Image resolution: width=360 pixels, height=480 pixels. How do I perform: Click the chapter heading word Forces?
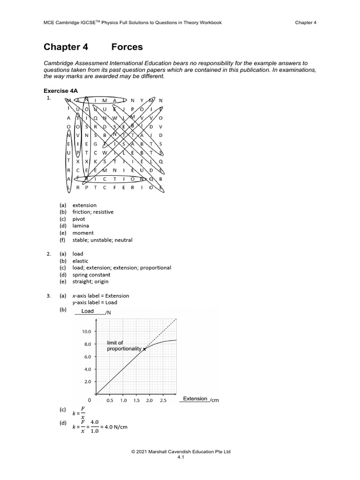click(127, 47)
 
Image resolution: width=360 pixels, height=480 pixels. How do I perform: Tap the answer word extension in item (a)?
click(84, 205)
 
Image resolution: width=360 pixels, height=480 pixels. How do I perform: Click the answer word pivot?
click(79, 219)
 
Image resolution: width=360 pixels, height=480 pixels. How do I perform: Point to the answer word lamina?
click(81, 226)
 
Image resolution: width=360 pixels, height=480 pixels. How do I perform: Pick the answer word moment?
click(83, 233)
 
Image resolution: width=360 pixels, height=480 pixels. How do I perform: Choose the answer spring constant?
click(91, 275)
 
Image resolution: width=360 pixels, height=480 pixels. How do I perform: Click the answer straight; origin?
click(90, 282)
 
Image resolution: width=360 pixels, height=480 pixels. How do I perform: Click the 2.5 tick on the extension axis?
click(163, 401)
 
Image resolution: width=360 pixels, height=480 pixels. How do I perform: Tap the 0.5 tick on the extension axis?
click(110, 401)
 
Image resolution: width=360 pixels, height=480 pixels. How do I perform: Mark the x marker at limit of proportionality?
click(144, 349)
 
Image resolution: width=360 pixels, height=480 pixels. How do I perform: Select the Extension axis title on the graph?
click(195, 399)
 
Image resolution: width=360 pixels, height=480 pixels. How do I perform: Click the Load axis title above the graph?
click(88, 311)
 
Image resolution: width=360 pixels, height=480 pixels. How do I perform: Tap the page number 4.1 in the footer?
click(180, 458)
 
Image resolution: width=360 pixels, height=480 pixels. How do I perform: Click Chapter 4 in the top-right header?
click(306, 22)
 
